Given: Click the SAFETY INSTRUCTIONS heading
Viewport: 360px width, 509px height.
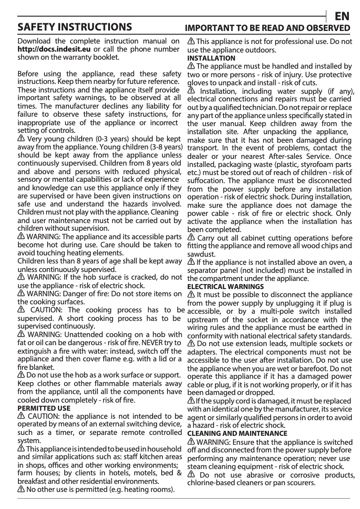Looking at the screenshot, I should point(75,27).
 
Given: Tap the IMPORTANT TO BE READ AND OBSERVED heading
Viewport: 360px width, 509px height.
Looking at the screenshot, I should point(268,28).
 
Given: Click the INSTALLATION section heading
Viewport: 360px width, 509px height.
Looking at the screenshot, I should point(211,58).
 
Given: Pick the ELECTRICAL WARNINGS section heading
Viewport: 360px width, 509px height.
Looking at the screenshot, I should point(225,286).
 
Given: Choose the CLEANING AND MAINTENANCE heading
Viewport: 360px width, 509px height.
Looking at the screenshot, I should point(237,434).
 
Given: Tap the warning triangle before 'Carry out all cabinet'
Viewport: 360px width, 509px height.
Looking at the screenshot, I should point(191,237).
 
